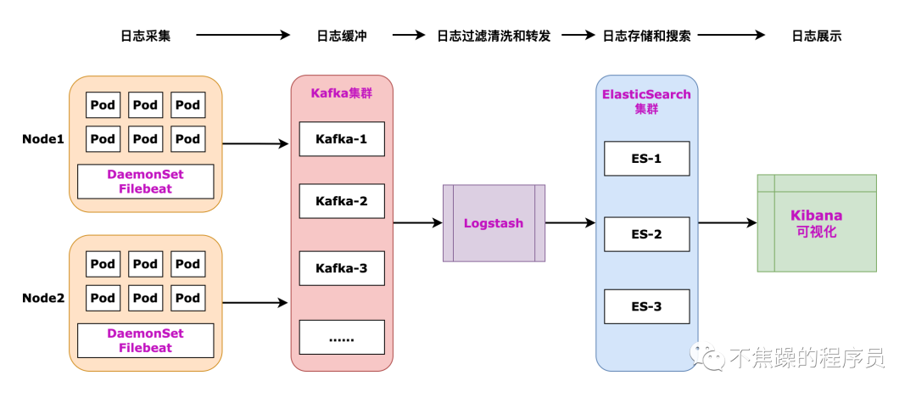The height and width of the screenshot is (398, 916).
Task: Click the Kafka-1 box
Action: pyautogui.click(x=342, y=139)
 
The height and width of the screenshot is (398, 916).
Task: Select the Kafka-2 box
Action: pyautogui.click(x=342, y=201)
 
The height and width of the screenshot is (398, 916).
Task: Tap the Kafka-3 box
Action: pyautogui.click(x=342, y=268)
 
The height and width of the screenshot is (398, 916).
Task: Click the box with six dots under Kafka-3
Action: pyautogui.click(x=342, y=337)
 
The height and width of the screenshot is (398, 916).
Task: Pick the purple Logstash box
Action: pyautogui.click(x=494, y=223)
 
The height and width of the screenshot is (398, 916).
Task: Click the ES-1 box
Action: pyautogui.click(x=646, y=159)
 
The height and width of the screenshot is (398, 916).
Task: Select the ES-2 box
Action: pyautogui.click(x=646, y=233)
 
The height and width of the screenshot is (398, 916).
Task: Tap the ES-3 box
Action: pyautogui.click(x=646, y=306)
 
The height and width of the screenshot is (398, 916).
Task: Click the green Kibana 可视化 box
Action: pyautogui.click(x=816, y=223)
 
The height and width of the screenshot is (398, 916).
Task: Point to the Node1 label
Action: pyautogui.click(x=43, y=138)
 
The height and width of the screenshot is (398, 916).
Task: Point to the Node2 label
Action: pyautogui.click(x=43, y=298)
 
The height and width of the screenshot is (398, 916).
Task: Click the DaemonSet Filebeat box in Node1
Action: pyautogui.click(x=145, y=182)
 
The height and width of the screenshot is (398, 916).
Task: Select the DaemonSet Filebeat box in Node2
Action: pyautogui.click(x=145, y=340)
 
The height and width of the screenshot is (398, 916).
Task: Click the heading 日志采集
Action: pyautogui.click(x=145, y=36)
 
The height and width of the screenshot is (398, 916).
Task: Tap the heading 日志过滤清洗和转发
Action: pyautogui.click(x=494, y=36)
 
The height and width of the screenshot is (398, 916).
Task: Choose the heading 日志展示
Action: pyautogui.click(x=816, y=36)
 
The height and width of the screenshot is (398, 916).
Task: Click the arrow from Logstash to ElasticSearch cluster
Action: pyautogui.click(x=570, y=223)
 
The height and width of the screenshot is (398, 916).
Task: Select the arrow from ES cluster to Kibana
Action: pyautogui.click(x=727, y=223)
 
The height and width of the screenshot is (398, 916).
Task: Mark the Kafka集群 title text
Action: pyautogui.click(x=341, y=93)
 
